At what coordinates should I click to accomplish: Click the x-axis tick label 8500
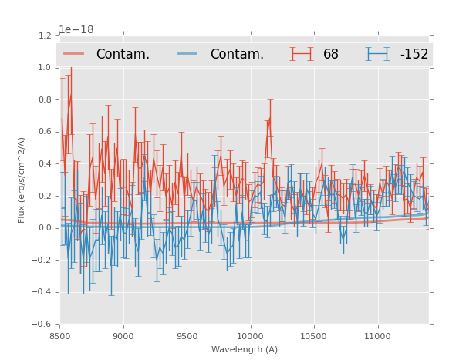(59, 336)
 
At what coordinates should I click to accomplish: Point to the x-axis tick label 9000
(123, 336)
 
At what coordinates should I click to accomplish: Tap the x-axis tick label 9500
(187, 336)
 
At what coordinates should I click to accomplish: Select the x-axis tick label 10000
(250, 336)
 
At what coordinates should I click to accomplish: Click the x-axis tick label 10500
(314, 336)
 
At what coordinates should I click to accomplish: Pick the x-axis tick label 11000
(378, 336)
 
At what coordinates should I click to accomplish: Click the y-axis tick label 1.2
(45, 35)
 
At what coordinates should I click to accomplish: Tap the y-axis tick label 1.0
(45, 68)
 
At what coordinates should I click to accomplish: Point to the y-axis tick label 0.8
(45, 99)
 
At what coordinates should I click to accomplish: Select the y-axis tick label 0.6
(45, 132)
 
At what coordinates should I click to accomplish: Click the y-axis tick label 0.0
(45, 228)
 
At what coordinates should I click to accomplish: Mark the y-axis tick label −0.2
(42, 261)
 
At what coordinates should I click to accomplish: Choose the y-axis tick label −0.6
(42, 325)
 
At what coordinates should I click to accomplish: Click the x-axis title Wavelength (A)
(245, 349)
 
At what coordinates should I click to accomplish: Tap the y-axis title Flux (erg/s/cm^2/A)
(22, 180)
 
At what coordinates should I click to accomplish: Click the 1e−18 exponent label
(76, 30)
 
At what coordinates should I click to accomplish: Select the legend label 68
(331, 55)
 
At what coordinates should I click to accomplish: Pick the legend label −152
(414, 55)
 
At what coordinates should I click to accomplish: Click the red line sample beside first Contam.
(74, 54)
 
